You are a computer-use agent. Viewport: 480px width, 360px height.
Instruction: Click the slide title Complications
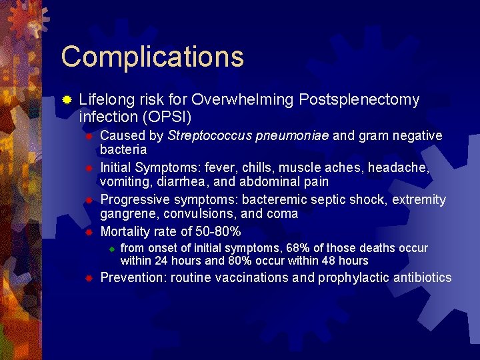[152, 57]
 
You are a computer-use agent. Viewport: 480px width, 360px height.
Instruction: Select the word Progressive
[135, 200]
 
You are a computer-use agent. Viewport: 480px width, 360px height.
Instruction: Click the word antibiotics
[419, 277]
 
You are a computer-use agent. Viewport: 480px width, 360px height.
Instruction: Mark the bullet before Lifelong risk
[67, 100]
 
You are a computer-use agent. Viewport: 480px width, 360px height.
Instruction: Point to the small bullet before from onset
[113, 249]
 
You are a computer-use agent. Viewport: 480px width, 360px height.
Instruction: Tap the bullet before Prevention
[88, 278]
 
